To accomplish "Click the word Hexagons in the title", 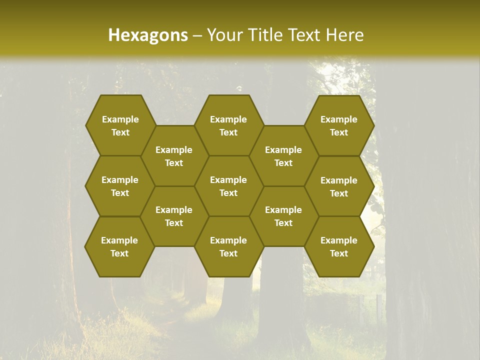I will point(148,35).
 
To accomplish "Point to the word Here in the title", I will point(344,35).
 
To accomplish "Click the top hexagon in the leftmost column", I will point(120,125).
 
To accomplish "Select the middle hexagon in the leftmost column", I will point(120,186).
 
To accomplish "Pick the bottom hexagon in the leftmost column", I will point(119,246).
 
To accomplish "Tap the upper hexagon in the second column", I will point(174,156).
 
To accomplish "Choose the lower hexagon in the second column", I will point(174,216).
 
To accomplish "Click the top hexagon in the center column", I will point(228,125).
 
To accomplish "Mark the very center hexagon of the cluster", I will point(228,186).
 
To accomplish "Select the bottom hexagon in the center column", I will point(228,246).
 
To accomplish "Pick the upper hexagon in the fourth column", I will point(283,156).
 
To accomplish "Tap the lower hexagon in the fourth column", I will point(283,216).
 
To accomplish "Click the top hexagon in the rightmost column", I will point(339,125).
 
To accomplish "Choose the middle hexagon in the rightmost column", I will point(339,186).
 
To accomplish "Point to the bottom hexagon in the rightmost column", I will point(339,246).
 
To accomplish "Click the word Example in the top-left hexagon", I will point(120,119).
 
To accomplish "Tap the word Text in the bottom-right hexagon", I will point(339,253).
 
